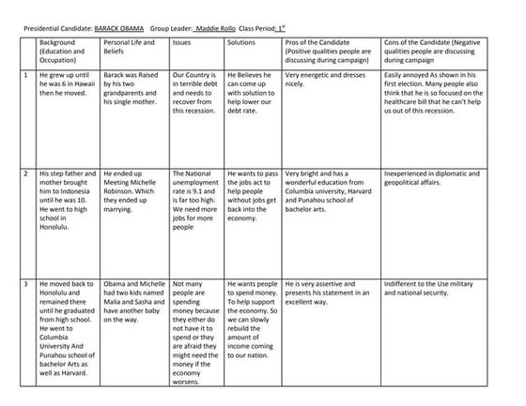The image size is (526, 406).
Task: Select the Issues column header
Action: [187, 43]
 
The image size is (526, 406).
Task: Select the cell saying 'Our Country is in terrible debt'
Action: [195, 92]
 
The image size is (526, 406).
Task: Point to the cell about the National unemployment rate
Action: [195, 199]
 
